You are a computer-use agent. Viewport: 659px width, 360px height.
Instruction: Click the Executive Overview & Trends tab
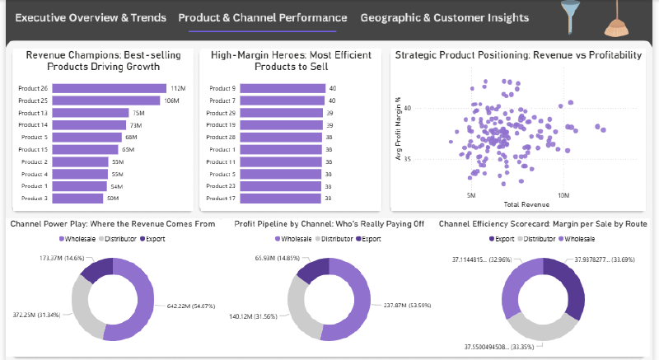point(91,17)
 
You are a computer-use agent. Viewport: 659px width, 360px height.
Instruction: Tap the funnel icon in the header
point(568,18)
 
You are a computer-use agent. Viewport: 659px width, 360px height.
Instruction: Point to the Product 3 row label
point(35,199)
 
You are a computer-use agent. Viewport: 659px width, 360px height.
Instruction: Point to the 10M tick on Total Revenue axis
point(563,196)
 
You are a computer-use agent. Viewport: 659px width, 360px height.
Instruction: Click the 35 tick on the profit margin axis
point(405,160)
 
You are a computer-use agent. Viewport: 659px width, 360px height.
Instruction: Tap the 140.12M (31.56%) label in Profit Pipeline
point(255,316)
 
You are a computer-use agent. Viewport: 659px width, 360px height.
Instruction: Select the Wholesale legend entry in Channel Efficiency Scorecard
point(578,239)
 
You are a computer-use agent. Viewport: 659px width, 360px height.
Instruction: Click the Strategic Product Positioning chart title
point(518,55)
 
